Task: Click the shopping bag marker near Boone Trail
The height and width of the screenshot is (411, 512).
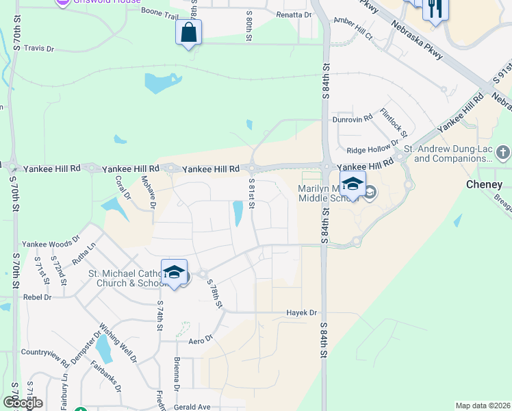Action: (188, 32)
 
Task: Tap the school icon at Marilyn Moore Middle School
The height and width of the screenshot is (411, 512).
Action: (353, 185)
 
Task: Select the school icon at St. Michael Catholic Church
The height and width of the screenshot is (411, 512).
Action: (174, 272)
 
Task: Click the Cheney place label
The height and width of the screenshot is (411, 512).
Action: (484, 185)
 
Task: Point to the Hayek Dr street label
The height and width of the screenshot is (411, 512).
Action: (302, 313)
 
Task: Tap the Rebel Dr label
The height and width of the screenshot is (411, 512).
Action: (38, 297)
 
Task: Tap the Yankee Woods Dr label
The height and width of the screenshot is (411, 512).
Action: (51, 243)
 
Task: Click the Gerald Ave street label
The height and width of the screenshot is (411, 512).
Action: (191, 407)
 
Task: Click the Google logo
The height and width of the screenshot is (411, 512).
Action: (23, 403)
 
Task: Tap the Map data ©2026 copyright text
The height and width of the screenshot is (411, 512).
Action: (483, 406)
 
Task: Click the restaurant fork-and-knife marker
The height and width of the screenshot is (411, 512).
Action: (435, 9)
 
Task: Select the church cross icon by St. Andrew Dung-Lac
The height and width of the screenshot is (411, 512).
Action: (502, 151)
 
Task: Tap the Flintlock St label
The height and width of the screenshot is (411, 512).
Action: (394, 123)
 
